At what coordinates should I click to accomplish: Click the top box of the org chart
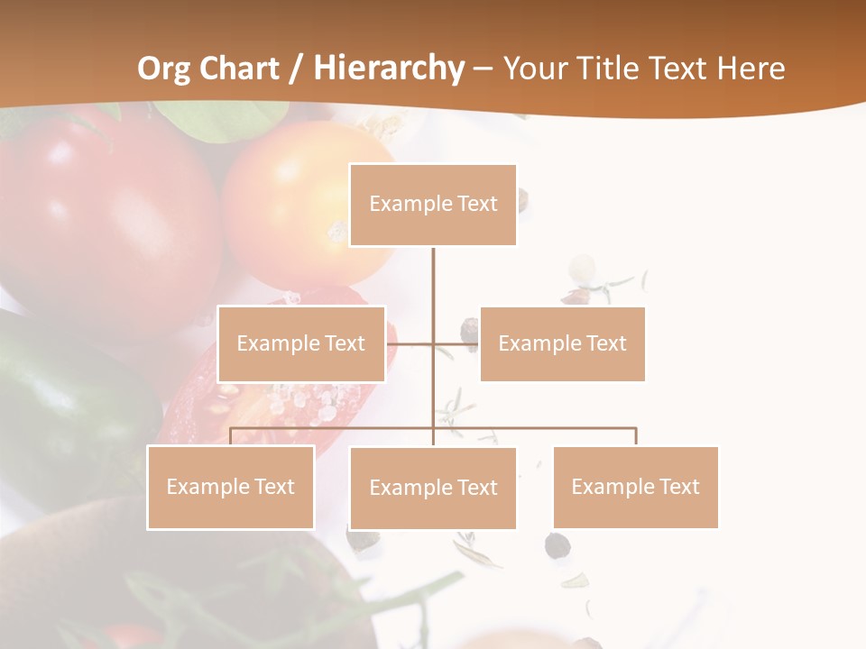pos(433,205)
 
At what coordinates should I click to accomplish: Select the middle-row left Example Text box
pos(301,343)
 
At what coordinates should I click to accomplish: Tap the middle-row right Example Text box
pos(562,343)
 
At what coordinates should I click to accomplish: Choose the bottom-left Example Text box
pos(231,487)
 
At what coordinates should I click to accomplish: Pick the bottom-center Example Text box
pos(433,488)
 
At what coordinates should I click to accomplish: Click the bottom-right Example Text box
pos(635,487)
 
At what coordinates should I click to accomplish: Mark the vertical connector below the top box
pos(433,279)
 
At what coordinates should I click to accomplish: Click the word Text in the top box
pos(477,205)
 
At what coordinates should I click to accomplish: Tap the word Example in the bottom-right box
pos(612,487)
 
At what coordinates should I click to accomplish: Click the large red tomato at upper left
pos(99,216)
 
